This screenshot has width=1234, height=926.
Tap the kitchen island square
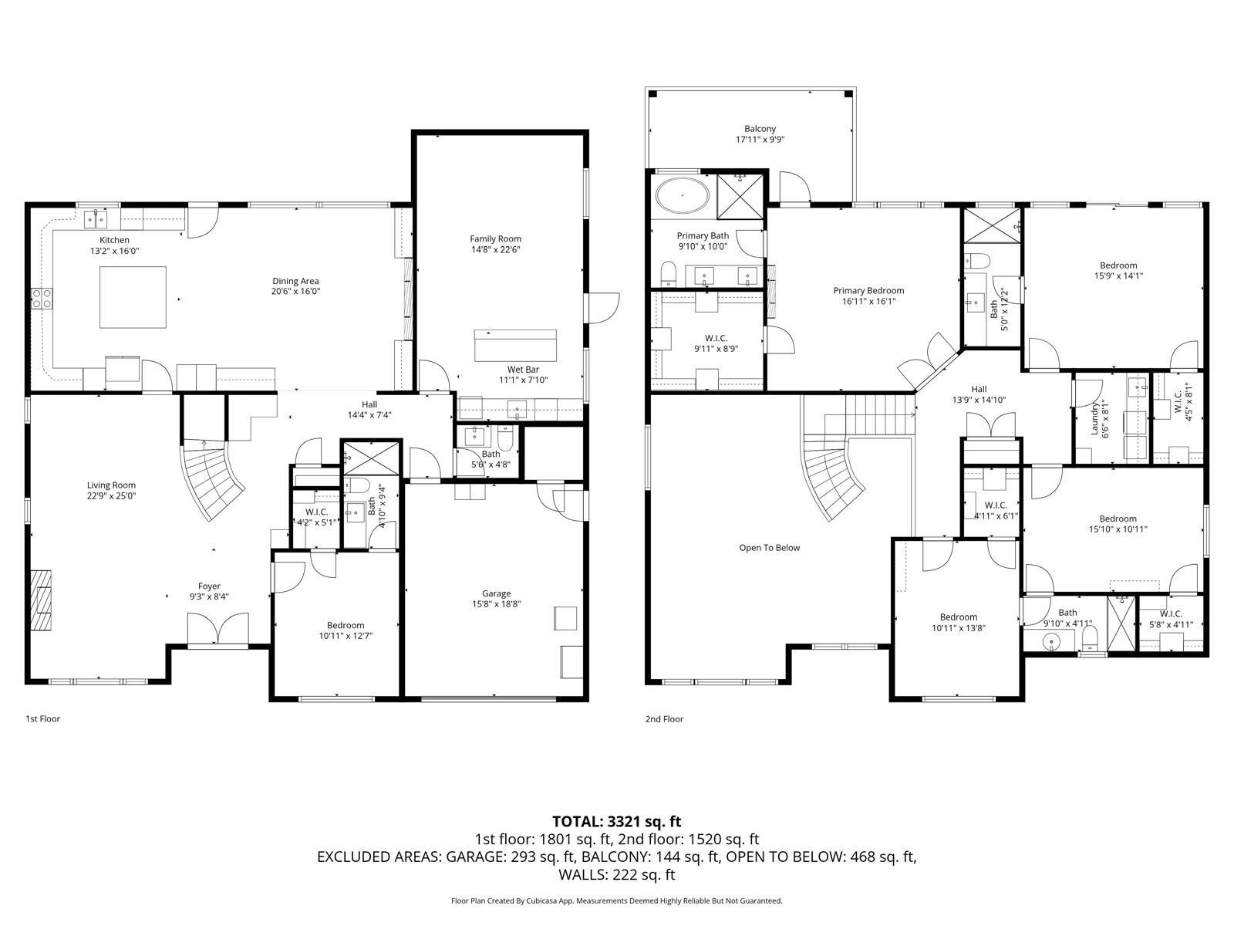click(x=133, y=297)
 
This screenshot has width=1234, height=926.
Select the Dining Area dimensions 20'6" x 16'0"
click(x=295, y=292)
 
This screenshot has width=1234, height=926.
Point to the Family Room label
click(x=496, y=238)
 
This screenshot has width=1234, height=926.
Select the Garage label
click(x=496, y=593)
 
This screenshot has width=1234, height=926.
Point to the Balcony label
click(x=760, y=129)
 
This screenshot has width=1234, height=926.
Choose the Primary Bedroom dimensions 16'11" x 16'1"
click(x=868, y=302)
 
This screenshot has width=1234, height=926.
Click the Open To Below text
click(x=769, y=548)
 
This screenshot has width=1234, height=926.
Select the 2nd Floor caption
click(x=664, y=719)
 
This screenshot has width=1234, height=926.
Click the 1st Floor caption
click(x=43, y=719)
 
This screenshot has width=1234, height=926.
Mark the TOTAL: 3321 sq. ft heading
click(x=616, y=822)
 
